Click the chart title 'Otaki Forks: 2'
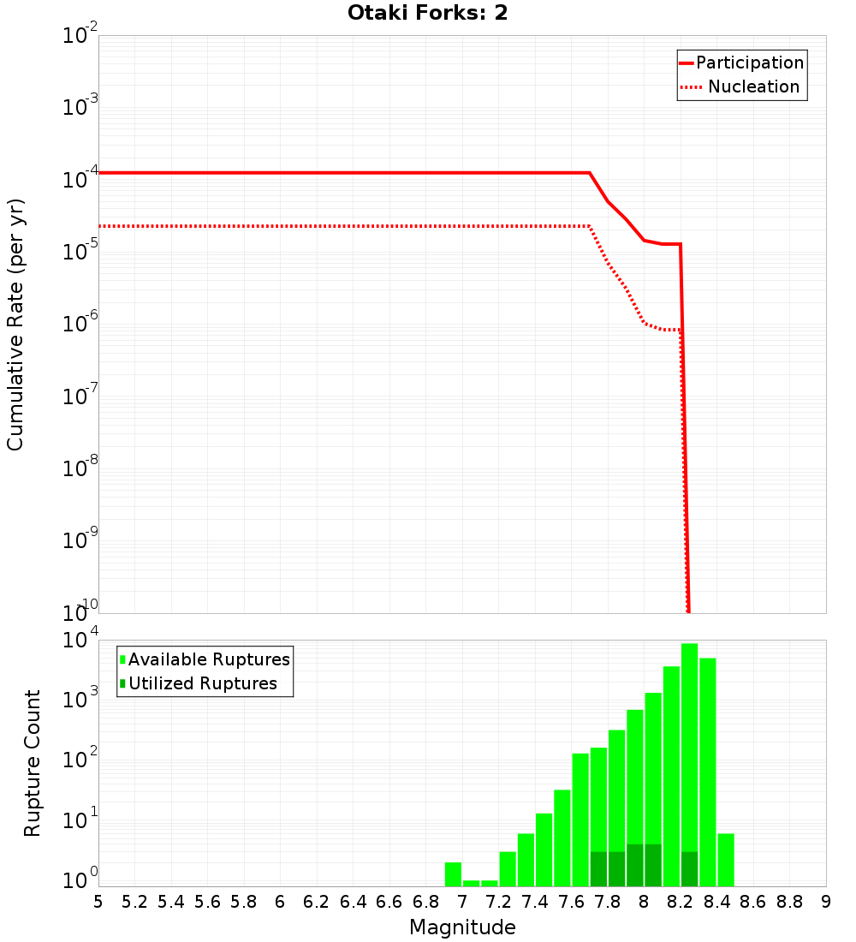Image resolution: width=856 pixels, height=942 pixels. [x=428, y=14]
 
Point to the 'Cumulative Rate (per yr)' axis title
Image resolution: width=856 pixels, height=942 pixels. [x=15, y=325]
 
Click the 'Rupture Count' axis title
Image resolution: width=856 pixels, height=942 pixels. [x=33, y=763]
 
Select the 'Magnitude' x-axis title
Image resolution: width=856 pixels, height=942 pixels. [x=462, y=927]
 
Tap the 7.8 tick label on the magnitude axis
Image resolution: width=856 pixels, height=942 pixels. [x=608, y=902]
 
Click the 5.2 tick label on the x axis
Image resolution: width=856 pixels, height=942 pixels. [x=134, y=902]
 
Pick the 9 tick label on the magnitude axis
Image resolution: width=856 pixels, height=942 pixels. [x=825, y=902]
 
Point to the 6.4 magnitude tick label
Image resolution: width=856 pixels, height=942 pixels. [x=353, y=902]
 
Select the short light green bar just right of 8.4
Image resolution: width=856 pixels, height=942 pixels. [x=726, y=859]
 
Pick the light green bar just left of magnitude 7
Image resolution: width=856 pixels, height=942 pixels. [x=453, y=873]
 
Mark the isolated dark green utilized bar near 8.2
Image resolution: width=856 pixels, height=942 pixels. [x=690, y=868]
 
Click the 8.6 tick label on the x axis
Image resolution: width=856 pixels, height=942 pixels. [x=753, y=902]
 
